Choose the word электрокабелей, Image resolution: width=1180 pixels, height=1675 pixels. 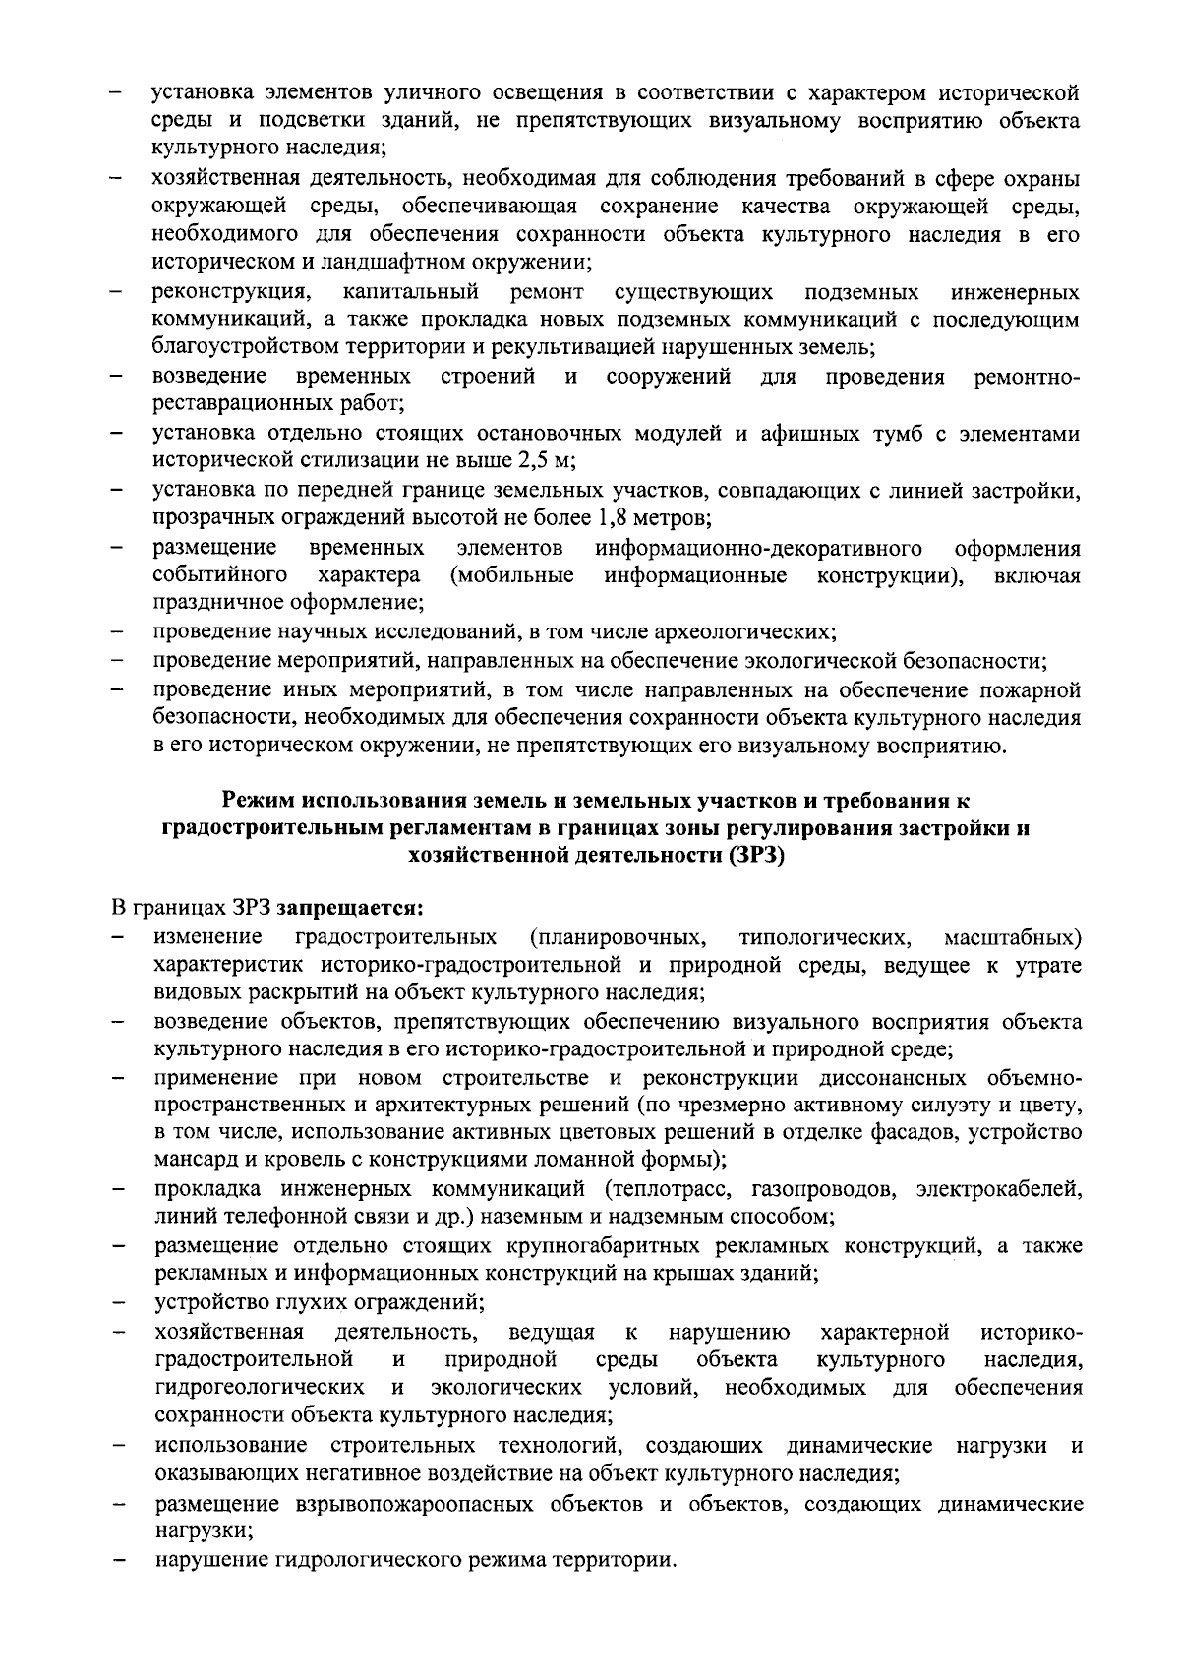click(998, 1189)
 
